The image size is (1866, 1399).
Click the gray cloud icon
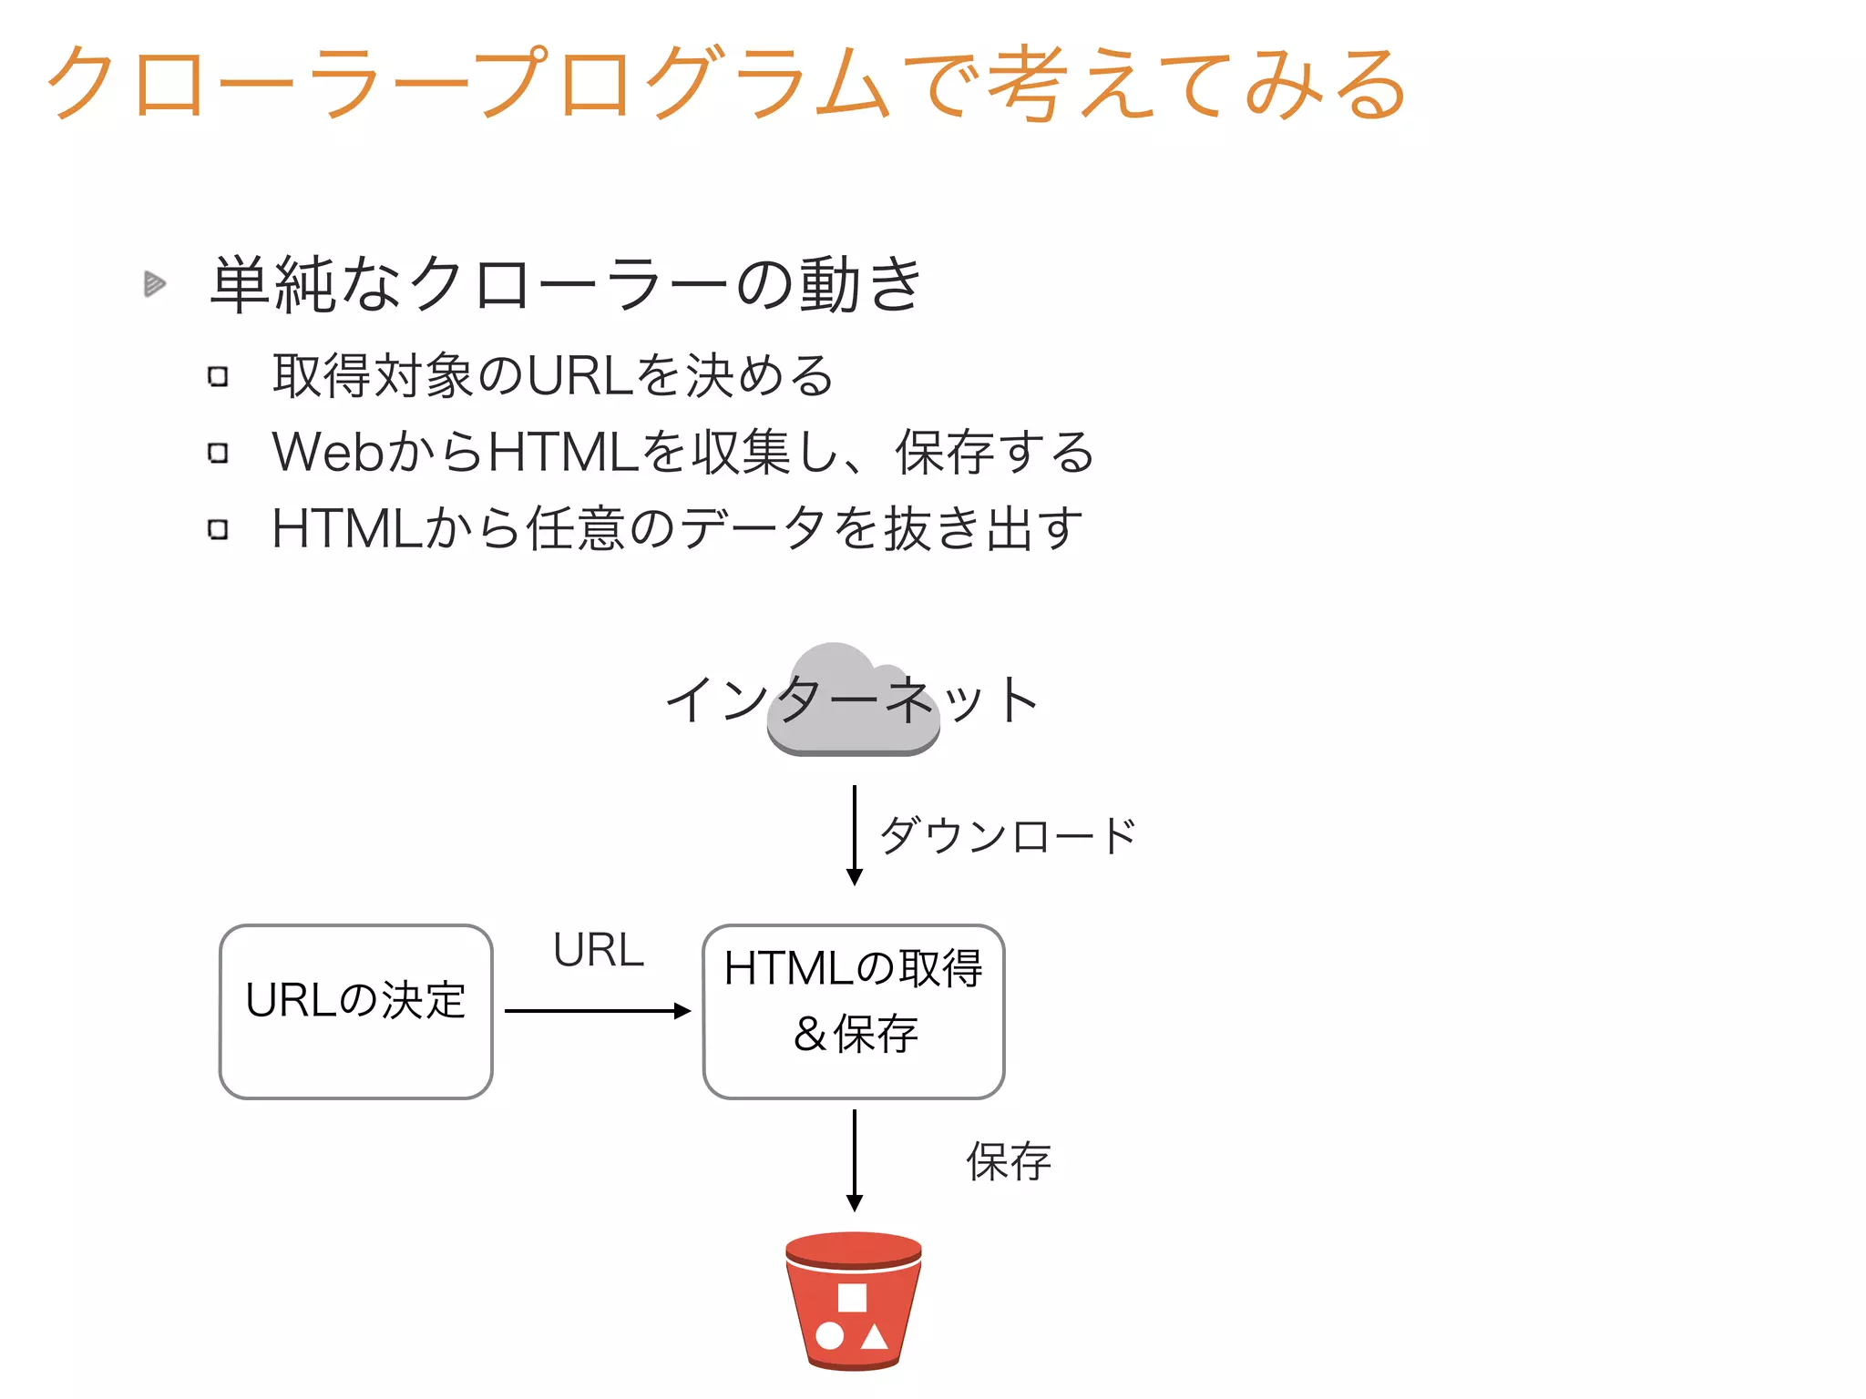tap(852, 701)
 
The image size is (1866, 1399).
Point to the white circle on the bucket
tap(829, 1336)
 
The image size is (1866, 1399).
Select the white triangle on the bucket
tap(875, 1336)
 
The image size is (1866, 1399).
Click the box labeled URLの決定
tap(355, 1011)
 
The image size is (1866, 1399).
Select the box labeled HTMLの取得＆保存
tap(853, 1011)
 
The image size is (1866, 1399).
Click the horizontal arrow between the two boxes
tap(597, 1010)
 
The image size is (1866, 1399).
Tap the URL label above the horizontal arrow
tap(598, 950)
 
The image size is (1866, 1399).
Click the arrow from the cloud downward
tap(854, 833)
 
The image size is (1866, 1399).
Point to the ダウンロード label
tap(1007, 835)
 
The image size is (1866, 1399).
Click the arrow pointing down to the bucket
tap(854, 1159)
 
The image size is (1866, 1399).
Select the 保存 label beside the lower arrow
tap(1009, 1161)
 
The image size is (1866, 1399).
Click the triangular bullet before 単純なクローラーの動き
tap(154, 284)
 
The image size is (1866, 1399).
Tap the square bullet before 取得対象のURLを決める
tap(218, 376)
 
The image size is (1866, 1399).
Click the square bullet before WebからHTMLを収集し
tap(218, 453)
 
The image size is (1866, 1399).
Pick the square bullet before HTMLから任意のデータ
tap(218, 529)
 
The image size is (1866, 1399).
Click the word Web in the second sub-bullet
tap(329, 452)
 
